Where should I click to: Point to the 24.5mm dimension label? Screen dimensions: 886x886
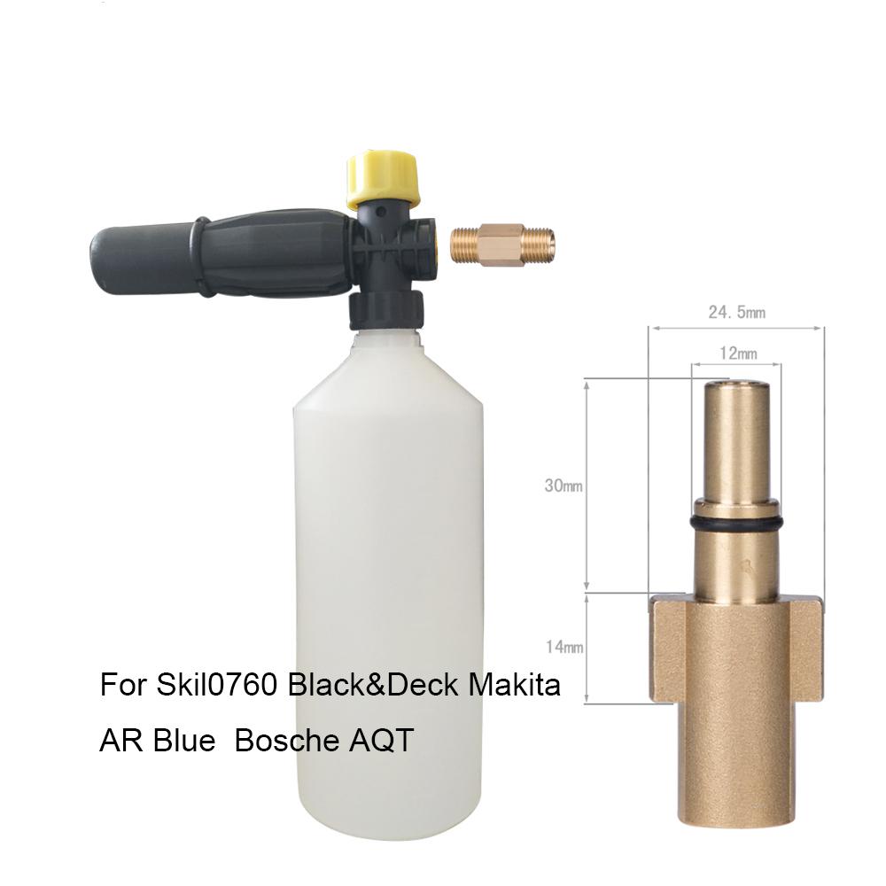[737, 312]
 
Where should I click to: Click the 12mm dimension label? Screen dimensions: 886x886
[736, 354]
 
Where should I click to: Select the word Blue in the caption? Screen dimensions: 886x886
[182, 741]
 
